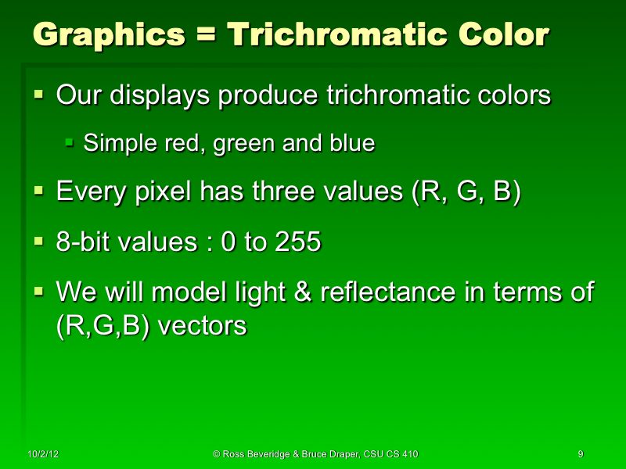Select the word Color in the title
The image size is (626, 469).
[x=498, y=35]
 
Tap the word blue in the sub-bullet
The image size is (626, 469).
[x=351, y=144]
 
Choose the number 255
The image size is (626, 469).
[x=297, y=242]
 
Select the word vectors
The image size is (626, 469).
[x=203, y=326]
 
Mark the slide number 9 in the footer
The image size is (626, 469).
[x=580, y=453]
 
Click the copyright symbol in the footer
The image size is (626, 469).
[x=217, y=453]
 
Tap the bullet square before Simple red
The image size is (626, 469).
[x=69, y=143]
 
